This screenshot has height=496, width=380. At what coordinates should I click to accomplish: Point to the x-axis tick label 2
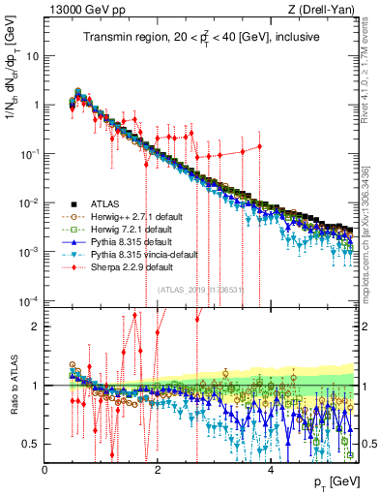(x=158, y=471)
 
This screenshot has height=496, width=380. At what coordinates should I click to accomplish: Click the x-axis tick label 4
(x=271, y=471)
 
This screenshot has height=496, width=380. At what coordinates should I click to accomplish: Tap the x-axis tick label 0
(x=45, y=471)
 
